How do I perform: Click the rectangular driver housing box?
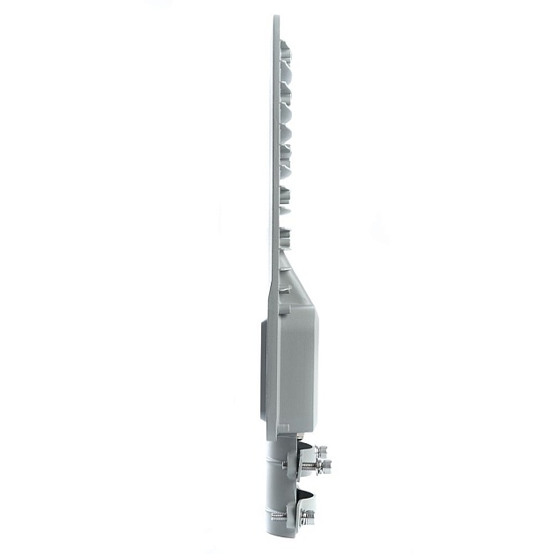coord(295,361)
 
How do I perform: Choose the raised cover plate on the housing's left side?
coord(266,369)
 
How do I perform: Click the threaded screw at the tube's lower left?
coord(276,514)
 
